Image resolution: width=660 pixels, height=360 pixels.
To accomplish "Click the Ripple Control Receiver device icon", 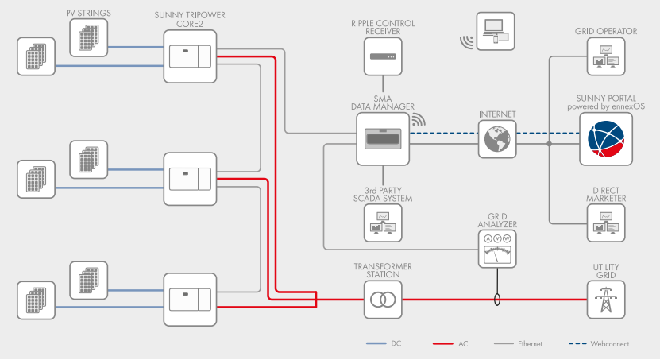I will coord(384,57).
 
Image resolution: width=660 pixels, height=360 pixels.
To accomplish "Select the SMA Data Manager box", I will coord(383,138).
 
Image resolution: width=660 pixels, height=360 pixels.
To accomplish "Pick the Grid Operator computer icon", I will coord(607,57).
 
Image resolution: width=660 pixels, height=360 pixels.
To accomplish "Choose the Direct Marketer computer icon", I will coord(607,223).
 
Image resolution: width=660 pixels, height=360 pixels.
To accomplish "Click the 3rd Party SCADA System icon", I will coord(383,223).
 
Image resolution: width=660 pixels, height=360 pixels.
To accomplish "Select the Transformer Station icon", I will coord(384,300).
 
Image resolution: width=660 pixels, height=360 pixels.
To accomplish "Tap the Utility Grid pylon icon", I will coord(607,300).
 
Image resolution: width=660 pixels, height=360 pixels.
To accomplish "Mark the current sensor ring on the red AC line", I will coord(497,300).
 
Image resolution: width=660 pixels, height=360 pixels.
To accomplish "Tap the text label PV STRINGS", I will coord(89,14).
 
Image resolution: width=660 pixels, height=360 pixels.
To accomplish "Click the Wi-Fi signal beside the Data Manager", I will coord(418,121).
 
